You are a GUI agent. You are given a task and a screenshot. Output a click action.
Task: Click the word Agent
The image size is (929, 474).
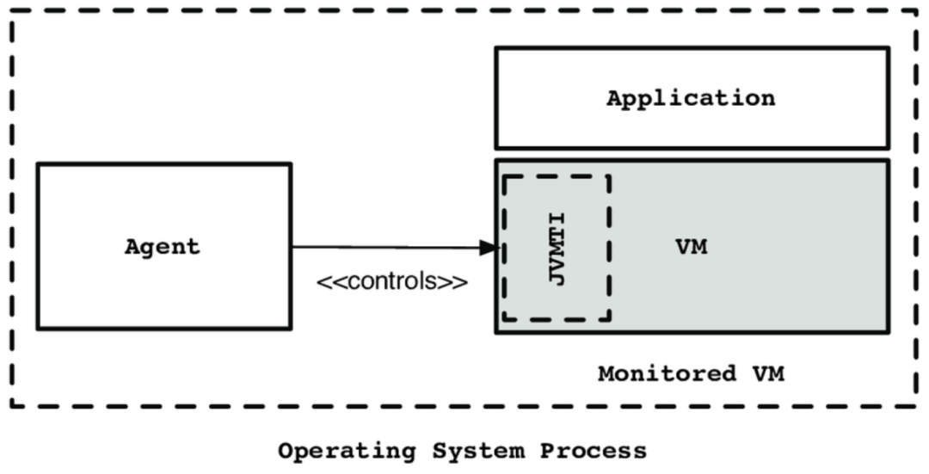click(x=163, y=247)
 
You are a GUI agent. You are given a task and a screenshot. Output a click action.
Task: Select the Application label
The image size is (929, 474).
click(x=691, y=98)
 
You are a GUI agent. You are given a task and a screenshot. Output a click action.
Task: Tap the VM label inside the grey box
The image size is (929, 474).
click(x=692, y=247)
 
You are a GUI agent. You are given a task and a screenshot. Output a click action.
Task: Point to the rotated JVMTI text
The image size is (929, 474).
click(x=557, y=249)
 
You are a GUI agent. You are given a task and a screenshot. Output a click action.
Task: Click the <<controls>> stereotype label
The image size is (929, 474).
click(x=392, y=281)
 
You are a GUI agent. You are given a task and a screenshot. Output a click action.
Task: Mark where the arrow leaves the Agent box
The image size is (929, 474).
click(x=292, y=247)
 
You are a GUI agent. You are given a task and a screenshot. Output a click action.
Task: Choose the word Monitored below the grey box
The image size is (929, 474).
click(x=668, y=374)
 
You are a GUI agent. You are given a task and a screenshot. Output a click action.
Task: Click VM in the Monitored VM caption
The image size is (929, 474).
click(x=768, y=374)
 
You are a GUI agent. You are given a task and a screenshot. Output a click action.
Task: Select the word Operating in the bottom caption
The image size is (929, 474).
click(x=348, y=452)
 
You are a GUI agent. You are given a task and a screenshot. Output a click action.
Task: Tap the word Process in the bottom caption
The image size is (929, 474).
click(x=593, y=451)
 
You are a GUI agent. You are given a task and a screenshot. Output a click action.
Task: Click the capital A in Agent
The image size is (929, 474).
click(x=132, y=246)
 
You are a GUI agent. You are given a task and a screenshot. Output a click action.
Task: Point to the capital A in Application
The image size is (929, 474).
click(x=614, y=97)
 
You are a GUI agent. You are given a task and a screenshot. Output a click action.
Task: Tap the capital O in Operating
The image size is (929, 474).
click(x=286, y=451)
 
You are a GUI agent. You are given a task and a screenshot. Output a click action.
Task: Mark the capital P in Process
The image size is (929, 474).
click(x=547, y=451)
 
